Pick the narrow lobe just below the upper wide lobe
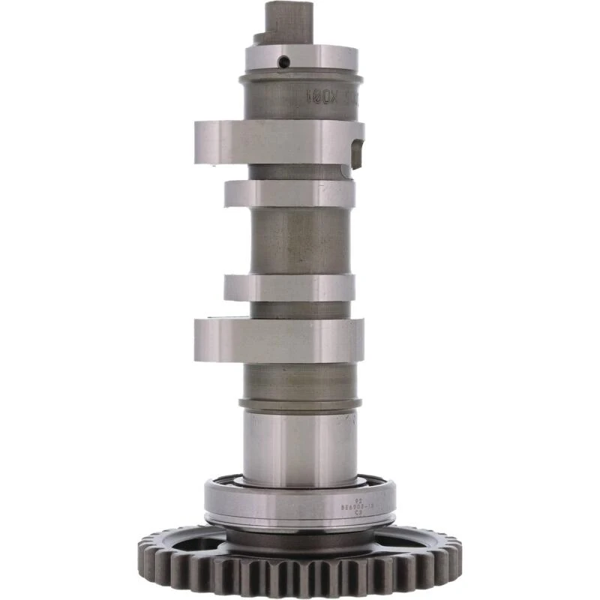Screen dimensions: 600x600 pyautogui.click(x=289, y=193)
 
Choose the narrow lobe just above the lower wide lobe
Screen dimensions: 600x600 pyautogui.click(x=289, y=287)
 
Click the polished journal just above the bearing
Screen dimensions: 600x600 pyautogui.click(x=299, y=446)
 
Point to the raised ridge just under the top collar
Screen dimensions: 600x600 pyautogui.click(x=301, y=76)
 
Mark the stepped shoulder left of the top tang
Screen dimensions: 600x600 pyautogui.click(x=259, y=37)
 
